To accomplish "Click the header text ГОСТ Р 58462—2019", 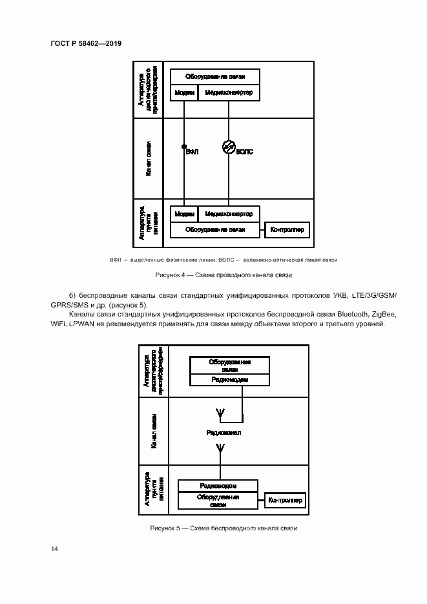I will pos(86,44).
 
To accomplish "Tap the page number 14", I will pos(54,548).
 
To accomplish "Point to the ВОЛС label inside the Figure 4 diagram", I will pos(245,152).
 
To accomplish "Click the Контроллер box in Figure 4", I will pos(288,229).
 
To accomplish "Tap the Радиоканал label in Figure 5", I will pos(224,432).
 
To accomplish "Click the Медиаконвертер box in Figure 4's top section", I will pos(229,93).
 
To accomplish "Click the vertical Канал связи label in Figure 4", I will pos(149,159).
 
